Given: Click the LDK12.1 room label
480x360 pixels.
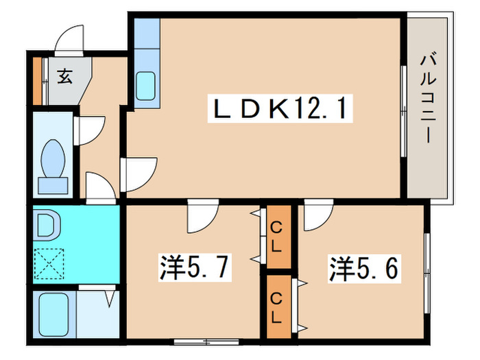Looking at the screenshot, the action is coord(280,108).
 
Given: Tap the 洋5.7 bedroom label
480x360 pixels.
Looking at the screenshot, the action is coord(195,267).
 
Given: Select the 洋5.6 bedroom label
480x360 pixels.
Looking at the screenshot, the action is coord(364,269).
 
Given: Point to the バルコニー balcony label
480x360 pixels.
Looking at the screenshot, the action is coord(428,99).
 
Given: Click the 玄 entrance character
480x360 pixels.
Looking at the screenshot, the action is coord(65,76).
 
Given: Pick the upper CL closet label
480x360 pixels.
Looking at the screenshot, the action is coord(276,237).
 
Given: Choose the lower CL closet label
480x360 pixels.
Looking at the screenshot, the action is coord(276,308).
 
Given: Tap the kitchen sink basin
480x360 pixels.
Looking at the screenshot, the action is coord(145,86).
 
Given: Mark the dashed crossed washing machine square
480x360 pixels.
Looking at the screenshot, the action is coord(49,263).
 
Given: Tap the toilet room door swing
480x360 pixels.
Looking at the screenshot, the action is coord(89,131).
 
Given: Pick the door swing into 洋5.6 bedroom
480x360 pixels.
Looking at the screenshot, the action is coord(319,215).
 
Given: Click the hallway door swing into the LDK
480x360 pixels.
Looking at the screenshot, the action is coord(139,175).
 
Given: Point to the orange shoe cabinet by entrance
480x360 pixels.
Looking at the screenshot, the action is coord(37,81).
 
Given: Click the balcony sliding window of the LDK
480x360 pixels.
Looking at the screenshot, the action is coord(404,111).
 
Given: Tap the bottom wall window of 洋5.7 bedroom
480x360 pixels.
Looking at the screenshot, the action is coord(206,341).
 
